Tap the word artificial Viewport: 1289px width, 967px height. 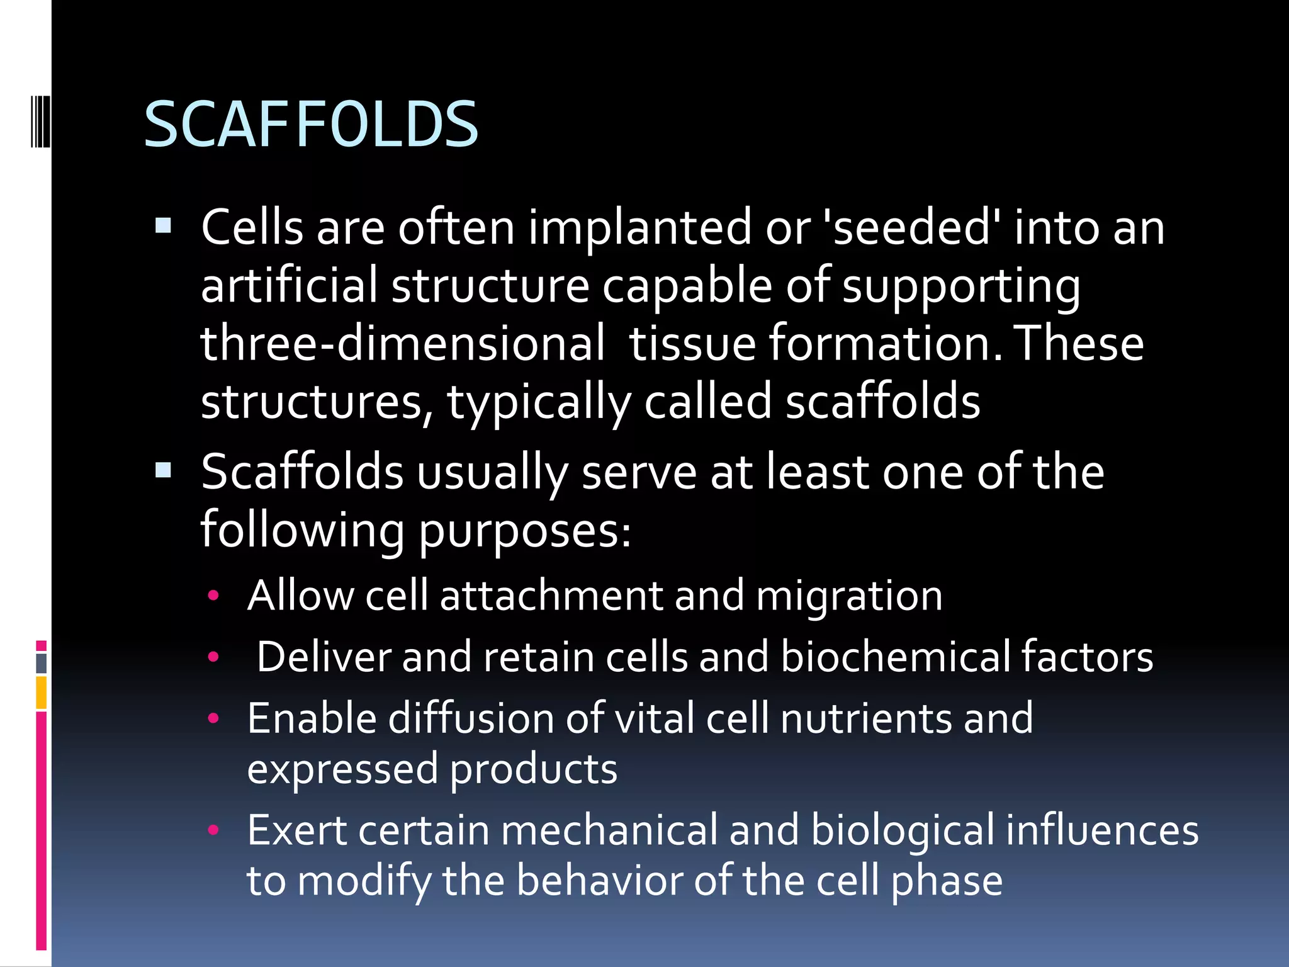(289, 285)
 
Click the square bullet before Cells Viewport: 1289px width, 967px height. (164, 225)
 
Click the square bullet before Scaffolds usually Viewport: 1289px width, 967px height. (164, 470)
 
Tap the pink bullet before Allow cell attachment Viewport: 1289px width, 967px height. (213, 595)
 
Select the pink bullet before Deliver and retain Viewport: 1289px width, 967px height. (213, 657)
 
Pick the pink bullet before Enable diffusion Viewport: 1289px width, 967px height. (213, 718)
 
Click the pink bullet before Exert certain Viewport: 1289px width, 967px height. (213, 830)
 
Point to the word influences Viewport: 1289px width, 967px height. (1101, 830)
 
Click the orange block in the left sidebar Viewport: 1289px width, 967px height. (41, 693)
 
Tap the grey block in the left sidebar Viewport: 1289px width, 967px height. (41, 663)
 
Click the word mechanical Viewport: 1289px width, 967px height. (609, 830)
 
